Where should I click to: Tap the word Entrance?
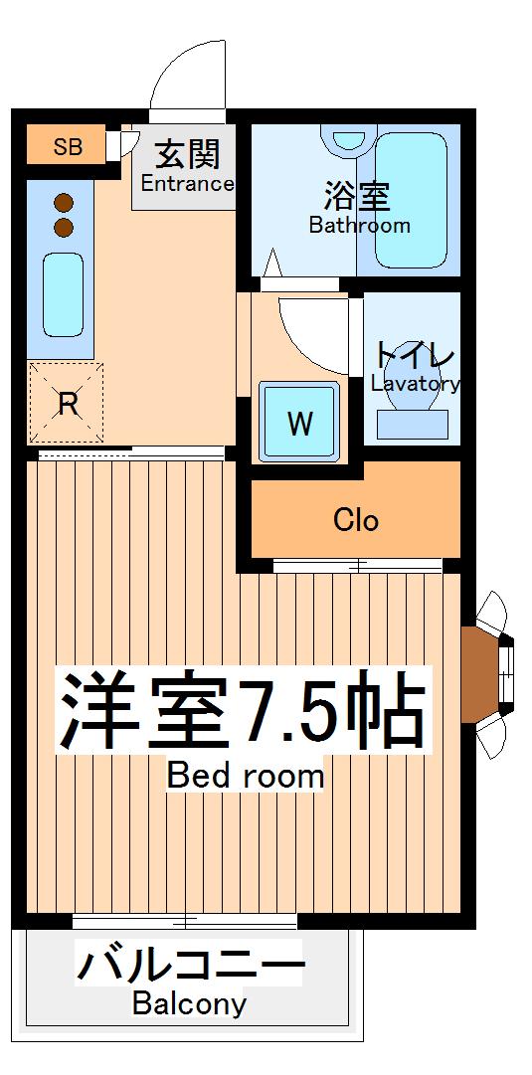click(187, 184)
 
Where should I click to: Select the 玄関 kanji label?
click(187, 155)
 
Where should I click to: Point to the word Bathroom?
click(359, 225)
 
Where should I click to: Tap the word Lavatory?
click(415, 383)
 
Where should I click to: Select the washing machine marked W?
click(300, 423)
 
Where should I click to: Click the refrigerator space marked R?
click(66, 404)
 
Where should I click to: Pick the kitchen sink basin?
click(64, 293)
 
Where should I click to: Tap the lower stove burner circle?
click(64, 228)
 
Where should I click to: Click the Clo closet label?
click(355, 520)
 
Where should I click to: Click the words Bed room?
click(246, 775)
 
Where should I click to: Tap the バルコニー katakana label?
click(189, 965)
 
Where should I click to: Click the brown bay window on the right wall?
click(479, 673)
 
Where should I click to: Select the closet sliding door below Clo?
click(356, 565)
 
